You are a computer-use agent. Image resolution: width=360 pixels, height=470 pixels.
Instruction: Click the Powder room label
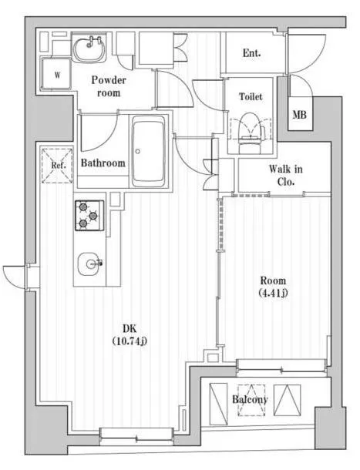109,86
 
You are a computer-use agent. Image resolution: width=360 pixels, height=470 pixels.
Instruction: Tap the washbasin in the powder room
89,47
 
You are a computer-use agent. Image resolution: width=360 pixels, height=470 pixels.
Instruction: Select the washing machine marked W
56,74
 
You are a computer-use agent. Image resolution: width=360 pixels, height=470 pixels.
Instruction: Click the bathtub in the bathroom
149,152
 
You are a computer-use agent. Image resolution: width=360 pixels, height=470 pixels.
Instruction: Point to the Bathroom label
103,163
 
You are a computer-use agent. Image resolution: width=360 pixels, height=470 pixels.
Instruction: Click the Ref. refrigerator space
57,165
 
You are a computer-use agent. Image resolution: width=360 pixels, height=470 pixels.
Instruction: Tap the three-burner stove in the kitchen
89,216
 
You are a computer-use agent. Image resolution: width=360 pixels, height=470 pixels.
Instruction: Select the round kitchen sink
89,264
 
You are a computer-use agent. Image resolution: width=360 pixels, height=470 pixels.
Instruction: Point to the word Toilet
251,96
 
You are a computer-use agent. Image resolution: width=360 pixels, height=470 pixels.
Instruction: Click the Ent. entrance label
251,53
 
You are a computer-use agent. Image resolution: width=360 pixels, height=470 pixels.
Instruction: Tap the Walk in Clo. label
285,175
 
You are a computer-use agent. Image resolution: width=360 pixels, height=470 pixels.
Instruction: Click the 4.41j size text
273,293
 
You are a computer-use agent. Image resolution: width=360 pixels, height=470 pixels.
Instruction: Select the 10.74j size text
130,341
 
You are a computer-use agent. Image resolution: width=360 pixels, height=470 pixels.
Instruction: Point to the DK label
130,329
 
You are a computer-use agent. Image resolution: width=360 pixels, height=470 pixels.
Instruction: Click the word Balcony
250,399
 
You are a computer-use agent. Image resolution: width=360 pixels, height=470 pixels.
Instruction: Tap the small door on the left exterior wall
15,277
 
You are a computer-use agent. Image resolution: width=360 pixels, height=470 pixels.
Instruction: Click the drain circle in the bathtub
138,152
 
